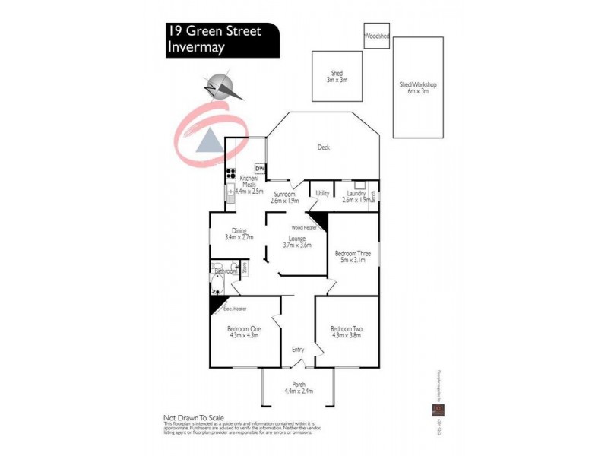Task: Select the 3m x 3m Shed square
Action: click(x=337, y=75)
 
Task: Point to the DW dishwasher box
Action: click(x=260, y=169)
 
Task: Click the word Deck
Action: click(x=323, y=148)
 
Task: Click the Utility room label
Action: click(x=322, y=194)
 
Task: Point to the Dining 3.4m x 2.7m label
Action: click(x=239, y=234)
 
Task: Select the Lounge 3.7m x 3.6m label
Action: click(x=297, y=242)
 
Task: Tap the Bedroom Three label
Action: click(x=353, y=256)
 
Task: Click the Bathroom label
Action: click(x=226, y=271)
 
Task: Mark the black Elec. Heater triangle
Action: click(x=216, y=304)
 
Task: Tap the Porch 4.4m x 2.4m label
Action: click(x=298, y=388)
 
